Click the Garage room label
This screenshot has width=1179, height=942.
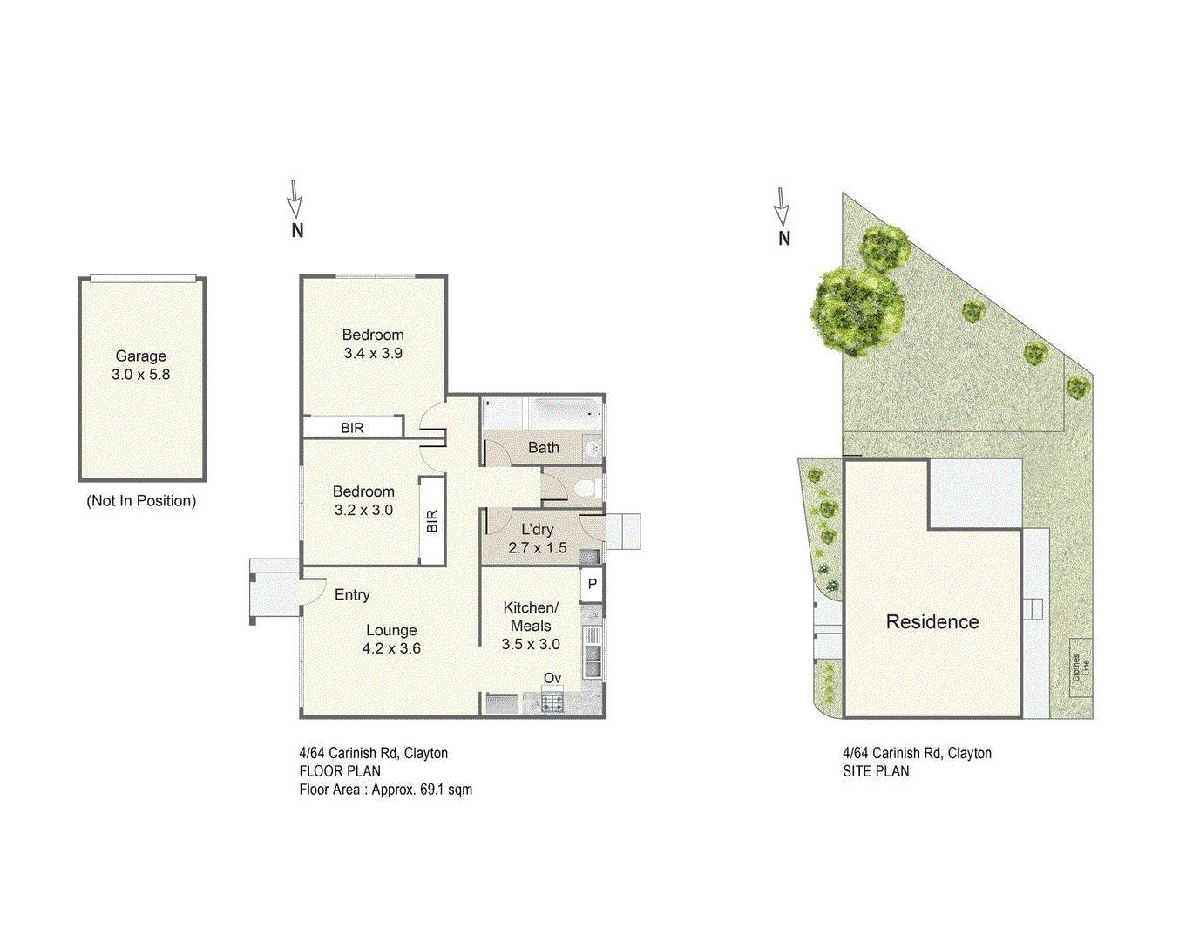(140, 356)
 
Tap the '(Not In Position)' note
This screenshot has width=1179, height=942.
(141, 501)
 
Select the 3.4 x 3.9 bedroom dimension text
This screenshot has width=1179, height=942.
(373, 354)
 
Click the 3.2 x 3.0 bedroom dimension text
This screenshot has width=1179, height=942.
(363, 511)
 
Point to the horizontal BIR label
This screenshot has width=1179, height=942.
(352, 428)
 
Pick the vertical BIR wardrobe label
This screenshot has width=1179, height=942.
(432, 521)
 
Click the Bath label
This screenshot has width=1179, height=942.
(544, 448)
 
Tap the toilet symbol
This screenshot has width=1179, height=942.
(587, 487)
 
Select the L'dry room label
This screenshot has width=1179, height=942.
(537, 530)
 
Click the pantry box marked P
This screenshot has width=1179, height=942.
(593, 584)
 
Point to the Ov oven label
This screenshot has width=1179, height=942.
(552, 678)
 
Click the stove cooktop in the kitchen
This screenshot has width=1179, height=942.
(552, 701)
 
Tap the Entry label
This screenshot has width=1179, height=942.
(352, 594)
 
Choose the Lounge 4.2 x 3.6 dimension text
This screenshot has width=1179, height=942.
(391, 648)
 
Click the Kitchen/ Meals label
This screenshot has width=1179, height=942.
(531, 616)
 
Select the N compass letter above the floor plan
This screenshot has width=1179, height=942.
(297, 231)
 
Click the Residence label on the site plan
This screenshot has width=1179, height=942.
(932, 621)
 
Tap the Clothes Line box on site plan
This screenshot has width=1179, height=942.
(1081, 668)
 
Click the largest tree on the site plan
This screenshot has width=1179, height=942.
(856, 310)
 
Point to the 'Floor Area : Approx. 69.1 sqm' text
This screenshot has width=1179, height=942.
(385, 790)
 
